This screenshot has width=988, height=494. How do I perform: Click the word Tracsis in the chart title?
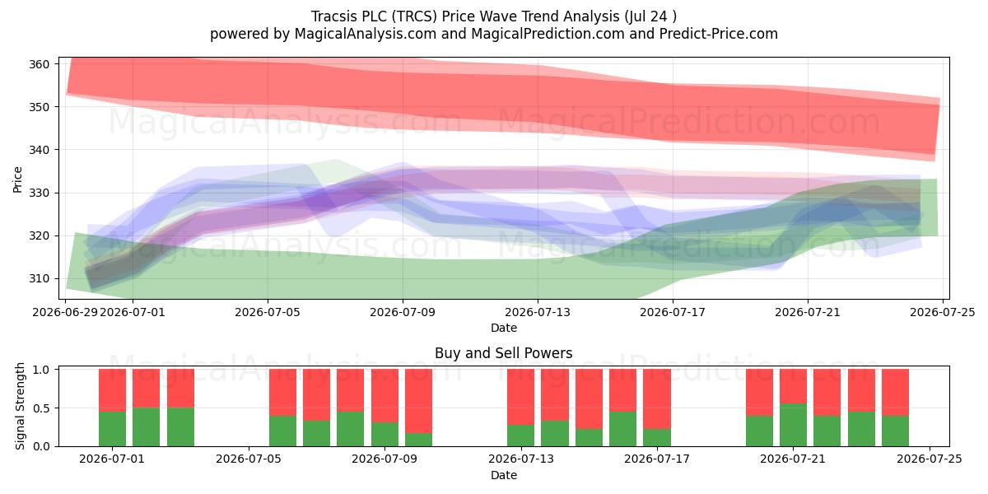coord(334,16)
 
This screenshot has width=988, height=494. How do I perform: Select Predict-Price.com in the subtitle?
coord(718,34)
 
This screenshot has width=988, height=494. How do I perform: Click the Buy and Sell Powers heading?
coord(503,353)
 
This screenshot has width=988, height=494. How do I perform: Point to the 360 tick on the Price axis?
coord(39,64)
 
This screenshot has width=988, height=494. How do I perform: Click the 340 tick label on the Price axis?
coord(39,150)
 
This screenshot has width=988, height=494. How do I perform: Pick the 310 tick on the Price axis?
coord(39,279)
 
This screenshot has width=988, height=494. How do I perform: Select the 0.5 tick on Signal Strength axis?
coord(41,408)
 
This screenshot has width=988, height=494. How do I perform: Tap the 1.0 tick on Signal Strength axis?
coord(41,369)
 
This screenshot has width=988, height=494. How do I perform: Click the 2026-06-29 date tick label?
coord(65,312)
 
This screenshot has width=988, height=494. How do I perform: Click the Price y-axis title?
coord(17,179)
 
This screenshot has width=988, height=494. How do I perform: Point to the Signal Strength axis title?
coord(20,406)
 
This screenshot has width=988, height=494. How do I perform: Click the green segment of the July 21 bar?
coord(793,425)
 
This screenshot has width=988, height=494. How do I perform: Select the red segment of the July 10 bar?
coord(418,401)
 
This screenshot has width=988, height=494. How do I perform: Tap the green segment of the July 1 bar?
coord(112,429)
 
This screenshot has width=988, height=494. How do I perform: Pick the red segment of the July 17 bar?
coord(657,399)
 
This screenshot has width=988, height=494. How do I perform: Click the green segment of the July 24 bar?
coord(896,431)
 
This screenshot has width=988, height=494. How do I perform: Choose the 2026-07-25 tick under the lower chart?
coord(930,459)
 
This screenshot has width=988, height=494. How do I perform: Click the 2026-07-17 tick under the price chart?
coord(673,312)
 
